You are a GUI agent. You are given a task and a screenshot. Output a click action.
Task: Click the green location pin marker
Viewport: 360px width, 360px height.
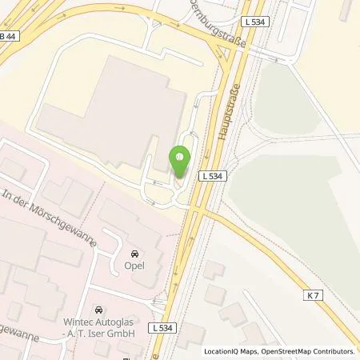pos(180,158)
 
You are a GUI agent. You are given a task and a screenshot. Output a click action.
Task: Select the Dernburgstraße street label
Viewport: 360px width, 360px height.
pos(217,26)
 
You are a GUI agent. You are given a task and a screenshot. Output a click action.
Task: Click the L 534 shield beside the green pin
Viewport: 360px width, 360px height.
pos(211,175)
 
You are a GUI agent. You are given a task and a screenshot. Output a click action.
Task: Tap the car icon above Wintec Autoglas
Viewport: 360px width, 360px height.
pos(98,309)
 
